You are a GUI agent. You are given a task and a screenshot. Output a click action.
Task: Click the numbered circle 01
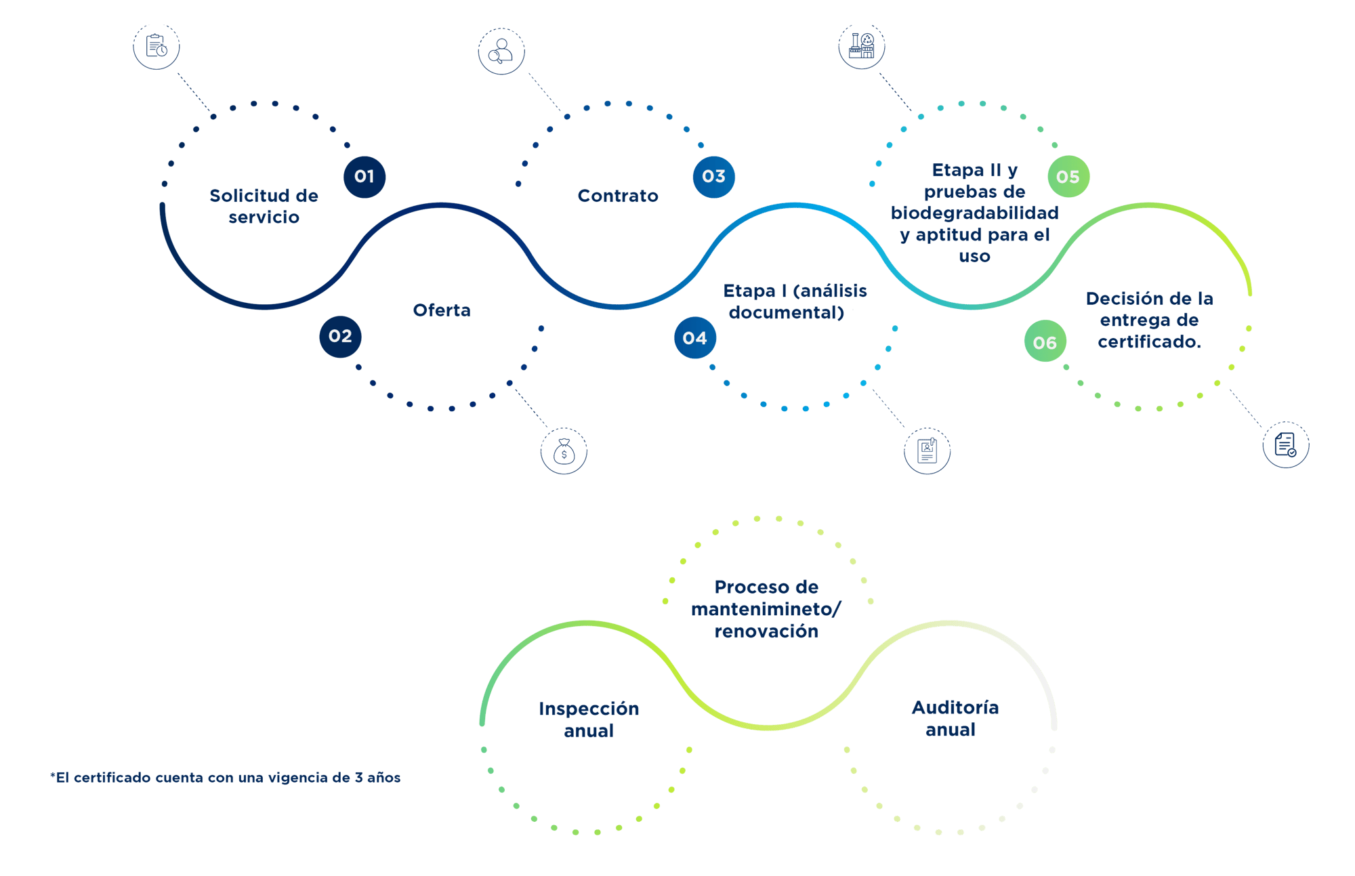point(364,177)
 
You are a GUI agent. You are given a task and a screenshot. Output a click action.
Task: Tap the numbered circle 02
point(340,337)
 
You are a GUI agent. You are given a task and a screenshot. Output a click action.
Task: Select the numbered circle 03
point(713,177)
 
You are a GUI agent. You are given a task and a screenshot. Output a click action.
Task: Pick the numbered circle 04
point(694,338)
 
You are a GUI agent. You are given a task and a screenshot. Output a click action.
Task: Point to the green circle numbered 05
point(1068,178)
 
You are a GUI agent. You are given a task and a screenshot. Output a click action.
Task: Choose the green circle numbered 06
point(1045,343)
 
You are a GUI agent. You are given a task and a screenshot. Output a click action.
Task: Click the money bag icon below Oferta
point(564,451)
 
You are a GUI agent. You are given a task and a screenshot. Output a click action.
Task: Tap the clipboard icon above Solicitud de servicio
point(157,47)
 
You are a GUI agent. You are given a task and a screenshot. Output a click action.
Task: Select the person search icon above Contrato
point(501,51)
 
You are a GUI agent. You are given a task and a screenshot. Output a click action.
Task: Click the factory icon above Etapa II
point(862,47)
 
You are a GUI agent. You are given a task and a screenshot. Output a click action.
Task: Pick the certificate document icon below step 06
point(1285,446)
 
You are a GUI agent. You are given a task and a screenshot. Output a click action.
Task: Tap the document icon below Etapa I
point(927,451)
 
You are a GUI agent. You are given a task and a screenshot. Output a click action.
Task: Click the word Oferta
point(442,311)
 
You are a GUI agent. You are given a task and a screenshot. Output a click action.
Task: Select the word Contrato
point(617,196)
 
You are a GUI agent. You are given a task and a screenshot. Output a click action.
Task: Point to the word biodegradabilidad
point(974,213)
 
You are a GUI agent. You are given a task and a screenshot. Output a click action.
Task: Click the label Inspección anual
point(589,719)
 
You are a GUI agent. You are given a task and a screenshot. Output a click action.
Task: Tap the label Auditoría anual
point(954,719)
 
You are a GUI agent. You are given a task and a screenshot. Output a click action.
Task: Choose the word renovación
point(766,632)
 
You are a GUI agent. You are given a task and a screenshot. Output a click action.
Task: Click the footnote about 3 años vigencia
point(226,778)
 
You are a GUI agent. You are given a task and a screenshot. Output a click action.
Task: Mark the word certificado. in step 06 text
point(1149,342)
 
